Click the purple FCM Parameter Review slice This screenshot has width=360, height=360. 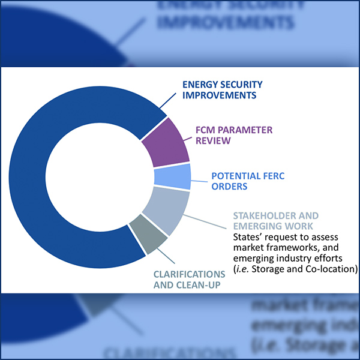tap(165, 142)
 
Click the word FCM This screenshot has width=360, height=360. tap(206, 130)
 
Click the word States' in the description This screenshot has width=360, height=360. tap(248, 237)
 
